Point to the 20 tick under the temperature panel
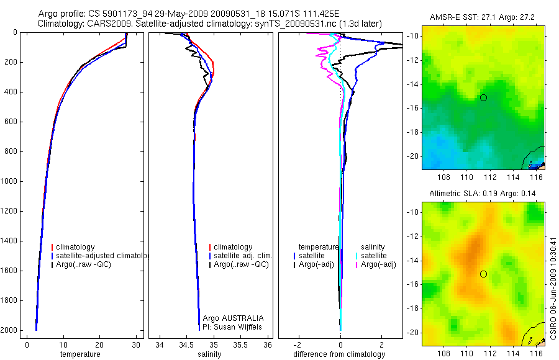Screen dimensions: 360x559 click(99, 344)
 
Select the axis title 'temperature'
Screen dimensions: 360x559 click(80, 354)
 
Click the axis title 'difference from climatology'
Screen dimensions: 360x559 click(339, 354)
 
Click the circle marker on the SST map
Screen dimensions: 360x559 click(483, 97)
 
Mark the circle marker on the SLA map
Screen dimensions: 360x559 click(483, 274)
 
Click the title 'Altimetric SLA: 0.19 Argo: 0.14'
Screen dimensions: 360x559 click(483, 194)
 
